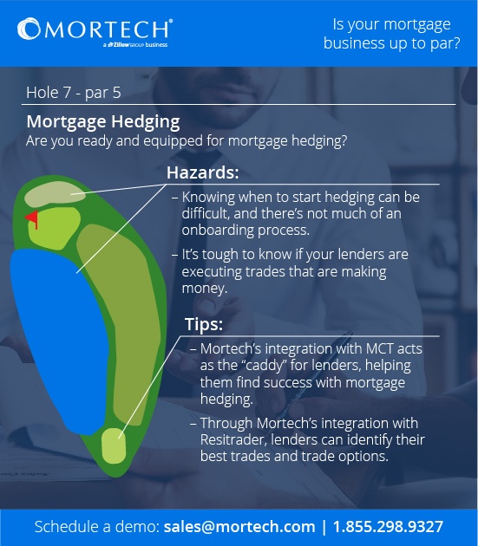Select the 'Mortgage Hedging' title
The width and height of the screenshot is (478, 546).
[x=103, y=121]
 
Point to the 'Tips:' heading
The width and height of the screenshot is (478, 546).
[x=204, y=324]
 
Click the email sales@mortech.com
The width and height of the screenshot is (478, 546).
[x=239, y=526]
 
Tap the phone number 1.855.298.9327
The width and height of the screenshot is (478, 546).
[x=390, y=526]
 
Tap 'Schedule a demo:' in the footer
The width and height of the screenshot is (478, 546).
[x=97, y=526]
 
